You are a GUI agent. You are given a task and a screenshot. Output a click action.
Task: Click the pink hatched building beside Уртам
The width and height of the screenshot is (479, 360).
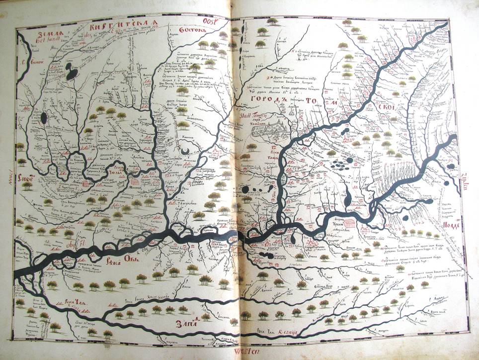tap(350, 224)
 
